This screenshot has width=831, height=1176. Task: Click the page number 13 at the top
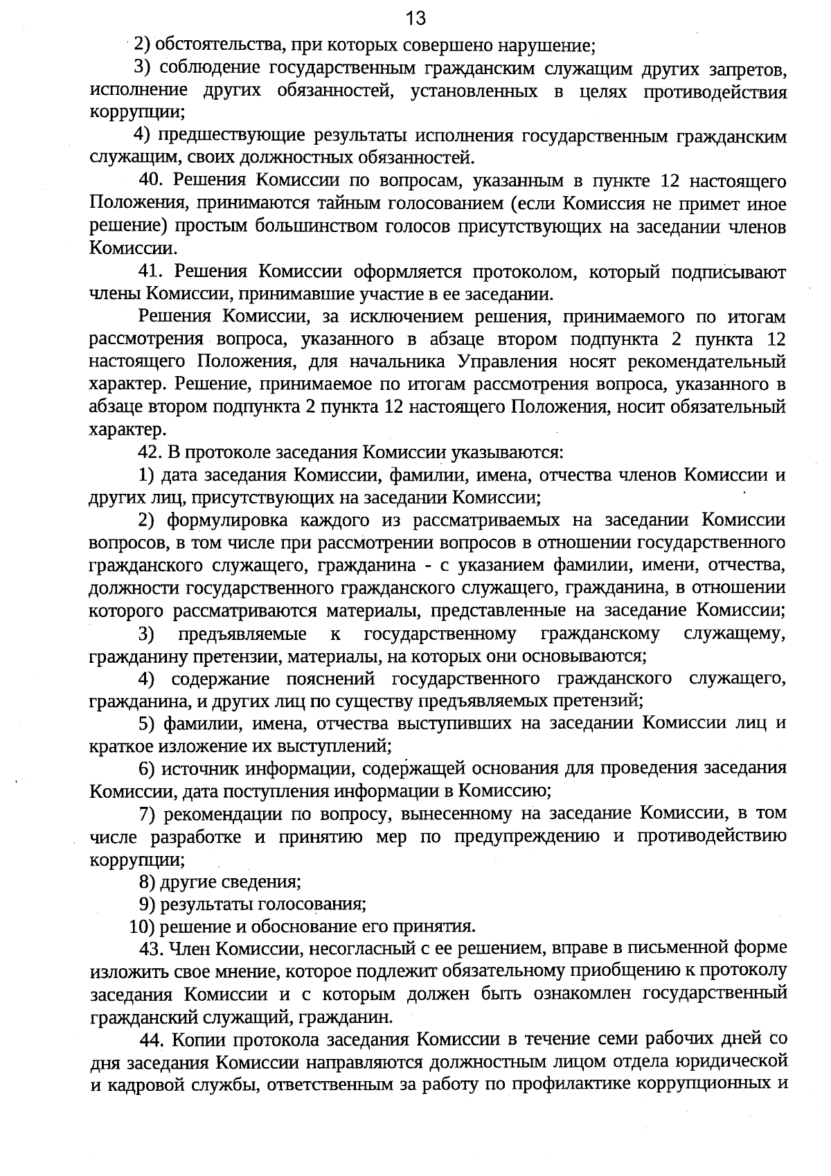415,17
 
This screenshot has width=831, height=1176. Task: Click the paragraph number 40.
150,181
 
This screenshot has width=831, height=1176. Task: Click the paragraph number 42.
150,453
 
